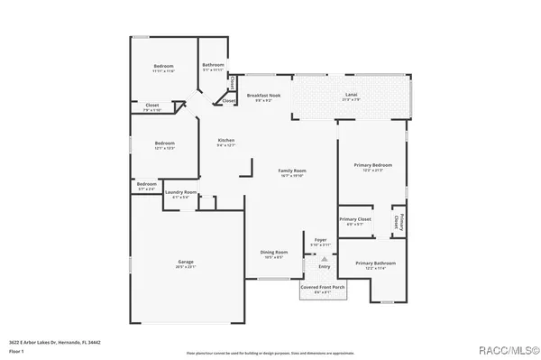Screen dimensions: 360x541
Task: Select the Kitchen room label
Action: (226, 140)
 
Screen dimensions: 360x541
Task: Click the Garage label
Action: (185, 262)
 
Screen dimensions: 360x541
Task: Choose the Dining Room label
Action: (274, 253)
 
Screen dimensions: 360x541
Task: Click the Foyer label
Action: (320, 239)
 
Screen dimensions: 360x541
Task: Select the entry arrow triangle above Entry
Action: (324, 258)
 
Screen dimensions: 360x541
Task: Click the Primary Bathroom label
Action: (374, 263)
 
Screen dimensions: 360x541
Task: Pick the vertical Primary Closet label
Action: (398, 222)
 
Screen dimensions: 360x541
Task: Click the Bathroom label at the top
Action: (213, 65)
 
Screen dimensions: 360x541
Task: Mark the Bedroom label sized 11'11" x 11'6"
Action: (163, 67)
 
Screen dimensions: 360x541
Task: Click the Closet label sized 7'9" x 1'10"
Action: (152, 106)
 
